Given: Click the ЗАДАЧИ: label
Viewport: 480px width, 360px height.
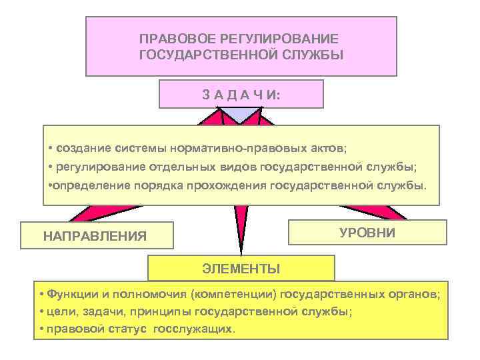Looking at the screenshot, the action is coord(241,95).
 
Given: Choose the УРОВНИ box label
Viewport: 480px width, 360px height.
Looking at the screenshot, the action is coord(367,232).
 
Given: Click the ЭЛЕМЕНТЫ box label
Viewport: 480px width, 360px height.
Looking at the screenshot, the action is coord(241,269).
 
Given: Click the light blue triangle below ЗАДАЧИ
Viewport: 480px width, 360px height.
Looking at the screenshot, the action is coord(241,116).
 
